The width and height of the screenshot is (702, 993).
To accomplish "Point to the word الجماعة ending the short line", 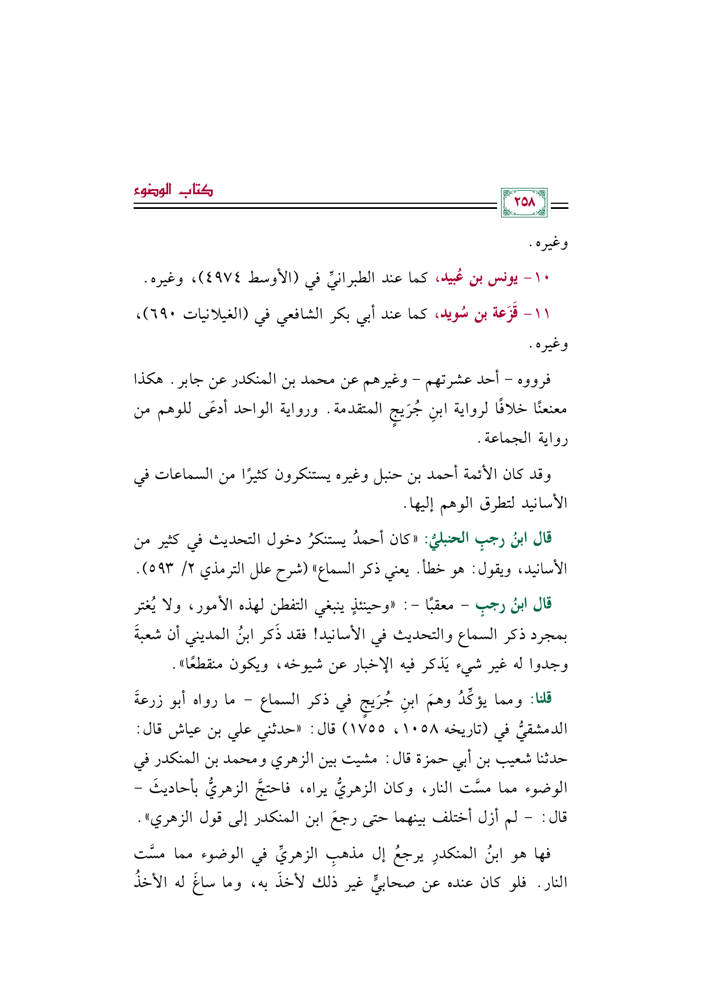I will click(x=507, y=438).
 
